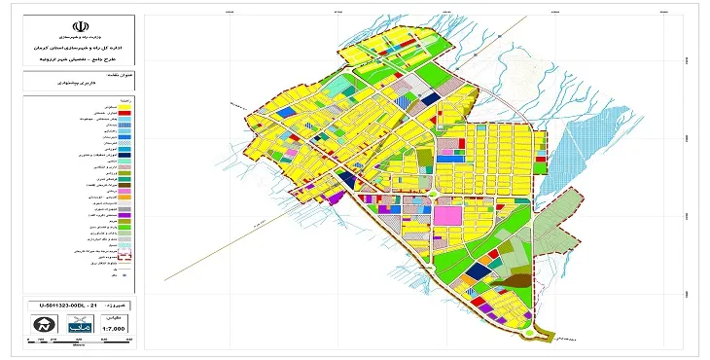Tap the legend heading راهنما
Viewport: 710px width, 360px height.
tap(124, 101)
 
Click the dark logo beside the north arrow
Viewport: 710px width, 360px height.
tap(78, 326)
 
